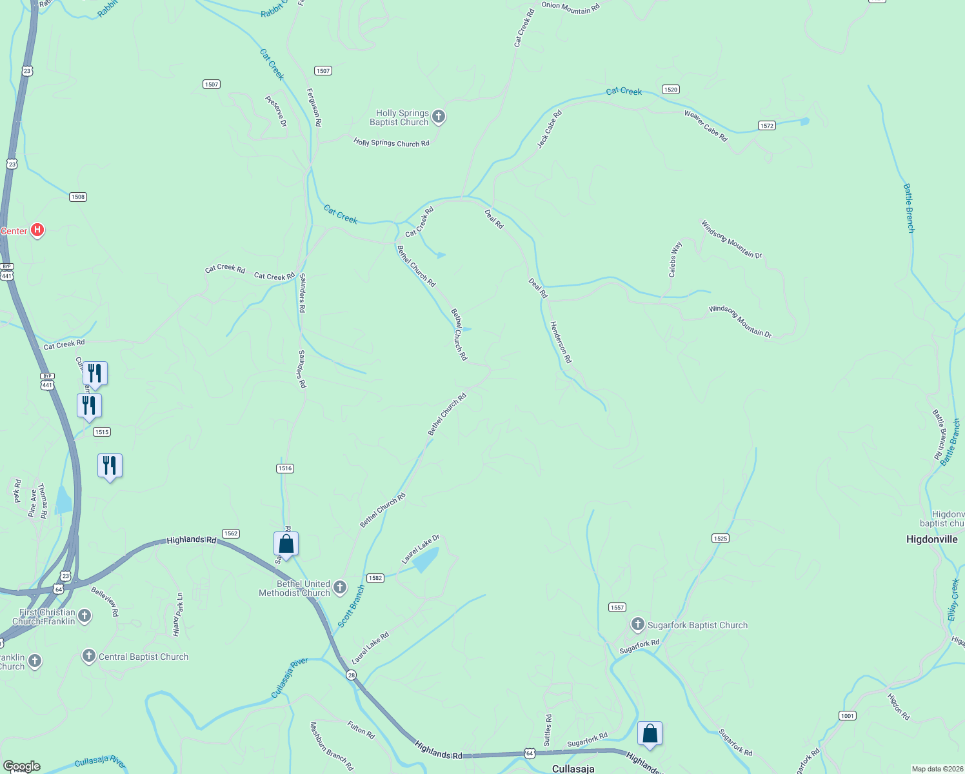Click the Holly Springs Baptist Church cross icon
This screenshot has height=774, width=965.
coord(439,117)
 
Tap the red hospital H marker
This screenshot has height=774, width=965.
coord(37,230)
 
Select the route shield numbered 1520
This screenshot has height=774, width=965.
coord(671,90)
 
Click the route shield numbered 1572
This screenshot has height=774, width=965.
coord(767,126)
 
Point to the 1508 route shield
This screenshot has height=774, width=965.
coord(78,197)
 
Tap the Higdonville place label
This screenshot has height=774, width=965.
coord(931,539)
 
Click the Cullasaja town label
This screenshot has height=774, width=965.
coord(573,769)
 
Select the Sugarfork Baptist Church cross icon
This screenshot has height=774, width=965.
coord(637,624)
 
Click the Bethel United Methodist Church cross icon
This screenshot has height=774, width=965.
coord(340,587)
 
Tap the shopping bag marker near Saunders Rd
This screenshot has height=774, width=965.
coord(286,544)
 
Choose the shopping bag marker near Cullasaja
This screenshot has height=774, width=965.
coord(650,733)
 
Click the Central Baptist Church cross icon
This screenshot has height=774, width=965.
coord(89,656)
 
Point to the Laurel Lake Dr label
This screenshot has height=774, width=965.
coord(421,549)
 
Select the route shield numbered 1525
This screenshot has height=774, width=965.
coord(721,538)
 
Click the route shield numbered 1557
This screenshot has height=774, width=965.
coord(617,607)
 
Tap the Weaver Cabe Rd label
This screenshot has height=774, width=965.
coord(706,126)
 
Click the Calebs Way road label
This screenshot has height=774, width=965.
coord(675,259)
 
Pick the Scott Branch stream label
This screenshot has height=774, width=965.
coord(352,606)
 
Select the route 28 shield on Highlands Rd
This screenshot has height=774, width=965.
coord(351,675)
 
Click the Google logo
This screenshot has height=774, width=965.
coord(22,766)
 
